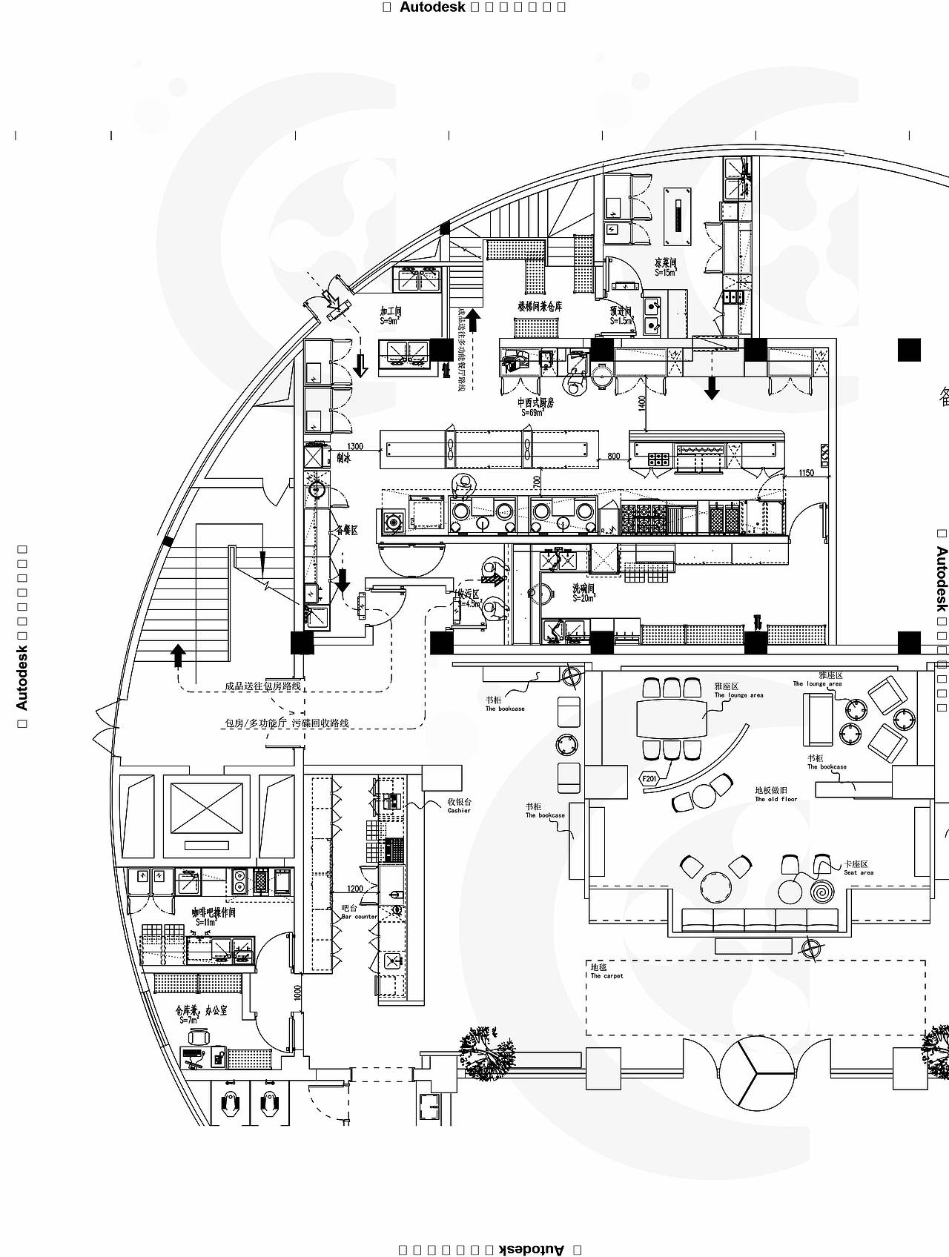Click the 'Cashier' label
(x=459, y=810)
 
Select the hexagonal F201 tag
(x=649, y=778)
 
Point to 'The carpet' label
(x=606, y=976)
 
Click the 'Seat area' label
(x=858, y=872)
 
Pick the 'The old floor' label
(x=776, y=799)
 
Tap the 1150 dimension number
(x=806, y=473)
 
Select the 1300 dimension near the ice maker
(x=355, y=446)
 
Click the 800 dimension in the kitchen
(x=613, y=456)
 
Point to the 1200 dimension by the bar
(x=355, y=889)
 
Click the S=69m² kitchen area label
(x=534, y=412)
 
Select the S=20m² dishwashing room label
(x=583, y=598)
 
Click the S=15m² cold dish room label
(x=664, y=273)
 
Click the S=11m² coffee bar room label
(x=206, y=923)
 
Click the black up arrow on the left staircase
(x=177, y=654)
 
